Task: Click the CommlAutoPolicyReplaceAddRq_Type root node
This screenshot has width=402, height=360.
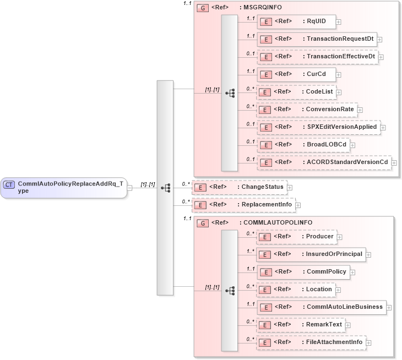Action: pyautogui.click(x=63, y=187)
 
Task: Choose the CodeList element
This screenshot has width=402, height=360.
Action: pyautogui.click(x=298, y=92)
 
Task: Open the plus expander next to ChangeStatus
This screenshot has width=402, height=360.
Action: pyautogui.click(x=290, y=188)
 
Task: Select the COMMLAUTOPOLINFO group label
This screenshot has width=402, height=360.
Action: pyautogui.click(x=275, y=223)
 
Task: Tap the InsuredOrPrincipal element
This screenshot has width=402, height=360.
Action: pyautogui.click(x=311, y=254)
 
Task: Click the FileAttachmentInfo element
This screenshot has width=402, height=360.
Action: pyautogui.click(x=311, y=342)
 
